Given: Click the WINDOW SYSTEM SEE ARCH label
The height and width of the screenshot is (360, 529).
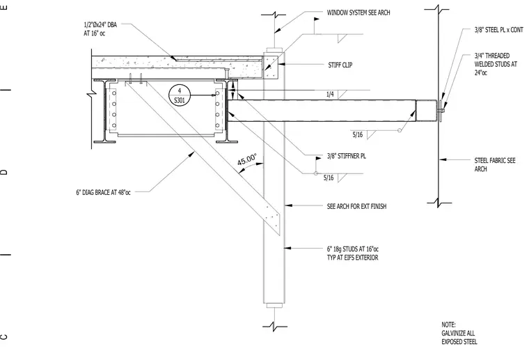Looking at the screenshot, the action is [x=358, y=13].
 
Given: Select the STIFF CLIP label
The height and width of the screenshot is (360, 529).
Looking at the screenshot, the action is [x=340, y=65].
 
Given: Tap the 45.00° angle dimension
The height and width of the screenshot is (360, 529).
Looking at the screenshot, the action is [x=246, y=159].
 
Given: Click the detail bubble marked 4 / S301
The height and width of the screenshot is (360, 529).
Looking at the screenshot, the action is [x=180, y=95].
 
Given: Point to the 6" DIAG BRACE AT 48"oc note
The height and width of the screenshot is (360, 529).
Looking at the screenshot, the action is [x=103, y=192].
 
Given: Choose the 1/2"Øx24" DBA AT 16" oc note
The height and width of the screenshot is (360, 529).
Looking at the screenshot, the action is [x=100, y=29].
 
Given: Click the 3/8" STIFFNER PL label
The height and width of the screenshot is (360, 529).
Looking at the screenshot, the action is [x=346, y=156].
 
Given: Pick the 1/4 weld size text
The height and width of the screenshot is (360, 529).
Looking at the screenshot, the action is [x=330, y=95].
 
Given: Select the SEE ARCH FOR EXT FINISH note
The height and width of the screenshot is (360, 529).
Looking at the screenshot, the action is [x=356, y=206].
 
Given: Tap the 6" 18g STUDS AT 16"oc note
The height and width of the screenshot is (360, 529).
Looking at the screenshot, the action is [x=353, y=253].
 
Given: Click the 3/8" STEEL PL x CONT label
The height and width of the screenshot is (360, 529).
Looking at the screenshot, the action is [x=498, y=30].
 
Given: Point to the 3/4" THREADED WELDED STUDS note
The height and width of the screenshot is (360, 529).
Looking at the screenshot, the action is [x=496, y=64].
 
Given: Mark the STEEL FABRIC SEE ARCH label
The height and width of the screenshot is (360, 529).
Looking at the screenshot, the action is [x=495, y=164].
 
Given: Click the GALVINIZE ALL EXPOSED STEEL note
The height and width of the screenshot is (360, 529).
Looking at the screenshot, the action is [x=459, y=334].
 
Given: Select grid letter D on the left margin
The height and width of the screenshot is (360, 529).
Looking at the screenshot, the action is [x=3, y=173].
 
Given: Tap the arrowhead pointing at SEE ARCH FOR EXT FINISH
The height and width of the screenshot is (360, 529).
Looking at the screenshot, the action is [x=288, y=205].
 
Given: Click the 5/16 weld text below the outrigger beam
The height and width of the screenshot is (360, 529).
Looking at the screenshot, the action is [x=358, y=135].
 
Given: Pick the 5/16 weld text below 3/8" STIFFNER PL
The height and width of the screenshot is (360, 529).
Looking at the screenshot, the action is [x=329, y=178].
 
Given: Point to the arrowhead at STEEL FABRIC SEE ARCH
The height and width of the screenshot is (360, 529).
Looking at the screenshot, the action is [x=442, y=159].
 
